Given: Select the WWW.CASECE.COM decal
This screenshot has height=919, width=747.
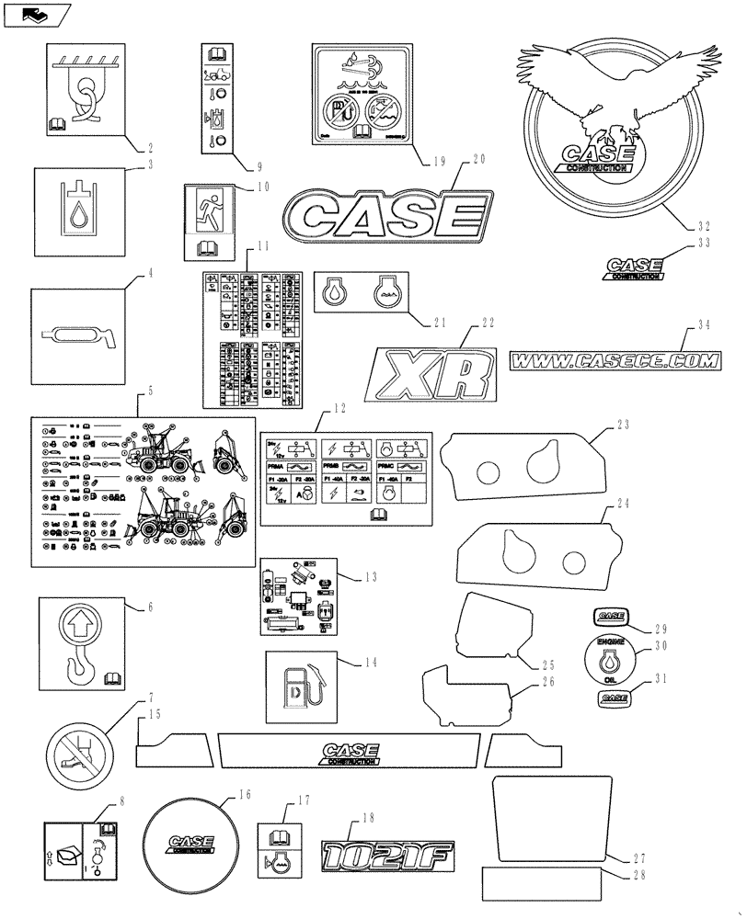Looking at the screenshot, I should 615,362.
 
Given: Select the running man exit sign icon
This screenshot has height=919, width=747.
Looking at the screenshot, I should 213,208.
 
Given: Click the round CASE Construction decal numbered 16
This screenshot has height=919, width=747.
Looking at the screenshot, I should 190,841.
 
